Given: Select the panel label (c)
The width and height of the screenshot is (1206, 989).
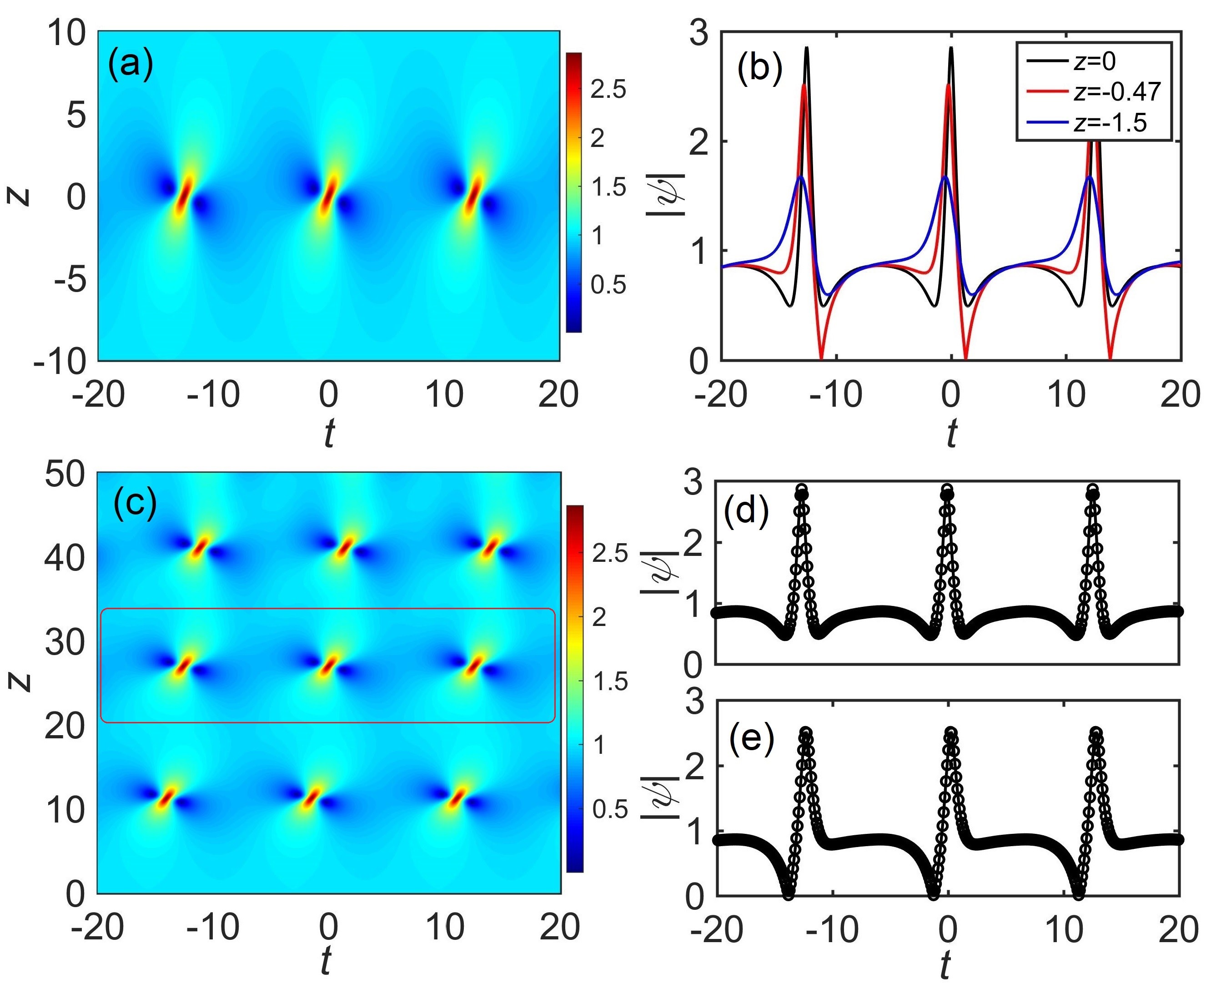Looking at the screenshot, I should [135, 503].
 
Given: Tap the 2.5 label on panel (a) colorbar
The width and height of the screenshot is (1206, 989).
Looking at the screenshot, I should [608, 90].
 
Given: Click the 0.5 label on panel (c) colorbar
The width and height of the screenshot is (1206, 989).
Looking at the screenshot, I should [609, 809].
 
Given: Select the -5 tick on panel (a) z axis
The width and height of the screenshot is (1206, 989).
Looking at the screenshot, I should [70, 280].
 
